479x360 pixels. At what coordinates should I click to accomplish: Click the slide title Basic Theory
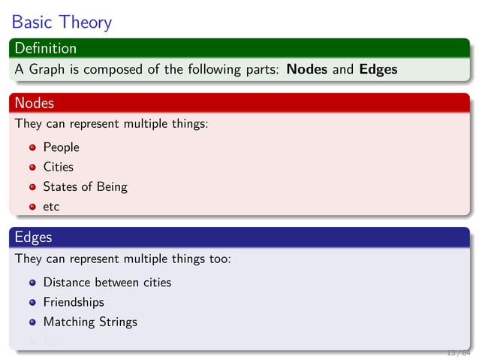tap(62, 22)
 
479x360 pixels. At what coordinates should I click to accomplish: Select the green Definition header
tap(45, 48)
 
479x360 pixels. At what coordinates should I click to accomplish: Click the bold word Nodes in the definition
tap(306, 70)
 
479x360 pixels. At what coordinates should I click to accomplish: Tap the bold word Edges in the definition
tap(378, 70)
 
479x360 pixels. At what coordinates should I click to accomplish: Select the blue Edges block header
tap(33, 237)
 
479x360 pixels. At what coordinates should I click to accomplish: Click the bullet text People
tap(61, 147)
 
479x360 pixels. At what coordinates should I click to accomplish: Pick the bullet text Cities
tap(58, 167)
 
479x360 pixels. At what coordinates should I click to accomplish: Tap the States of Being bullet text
tap(85, 186)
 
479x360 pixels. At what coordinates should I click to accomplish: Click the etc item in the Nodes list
tap(51, 206)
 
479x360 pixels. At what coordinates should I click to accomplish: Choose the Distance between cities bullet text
tap(107, 283)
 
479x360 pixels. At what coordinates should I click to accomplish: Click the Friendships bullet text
tap(74, 302)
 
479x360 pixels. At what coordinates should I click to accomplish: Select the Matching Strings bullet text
tap(90, 322)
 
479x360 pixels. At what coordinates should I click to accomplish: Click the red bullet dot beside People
tap(33, 148)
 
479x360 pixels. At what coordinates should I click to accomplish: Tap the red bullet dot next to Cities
tap(33, 168)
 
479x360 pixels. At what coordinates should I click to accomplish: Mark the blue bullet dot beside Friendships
tap(33, 303)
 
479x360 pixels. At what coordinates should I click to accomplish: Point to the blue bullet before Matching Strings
tap(33, 322)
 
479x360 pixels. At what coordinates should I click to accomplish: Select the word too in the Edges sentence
tap(217, 259)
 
